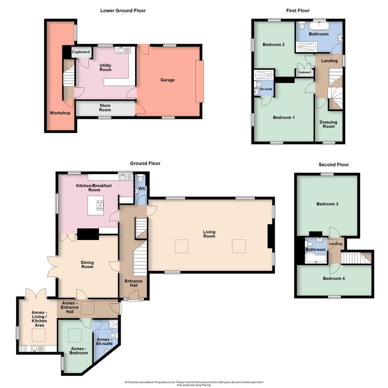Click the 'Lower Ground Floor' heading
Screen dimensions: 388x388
pos(123,10)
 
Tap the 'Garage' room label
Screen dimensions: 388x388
pos(167,80)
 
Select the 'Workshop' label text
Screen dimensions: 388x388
pos(60,113)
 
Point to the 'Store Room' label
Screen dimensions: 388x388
pos(105,108)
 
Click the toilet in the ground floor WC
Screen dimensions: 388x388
pos(140,179)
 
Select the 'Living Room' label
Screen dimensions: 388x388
pos(209,234)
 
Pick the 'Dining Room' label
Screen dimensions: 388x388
pos(87,264)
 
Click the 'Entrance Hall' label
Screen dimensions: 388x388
pos(133,283)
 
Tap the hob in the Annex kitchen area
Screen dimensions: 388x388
pos(23,348)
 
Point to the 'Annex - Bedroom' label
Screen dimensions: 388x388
pos(79,351)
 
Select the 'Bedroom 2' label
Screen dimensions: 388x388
pos(273,45)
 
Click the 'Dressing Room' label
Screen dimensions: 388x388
pos(328,124)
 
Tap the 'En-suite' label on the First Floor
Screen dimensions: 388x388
pos(266,89)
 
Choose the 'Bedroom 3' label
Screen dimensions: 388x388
pos(327,204)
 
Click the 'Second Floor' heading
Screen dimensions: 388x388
pos(334,165)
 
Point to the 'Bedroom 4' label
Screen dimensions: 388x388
pos(334,278)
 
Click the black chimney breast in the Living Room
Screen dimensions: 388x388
pos(270,236)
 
